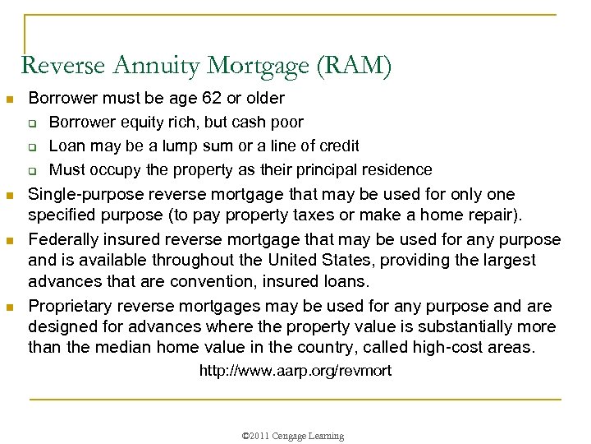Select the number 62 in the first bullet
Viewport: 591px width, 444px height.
point(211,99)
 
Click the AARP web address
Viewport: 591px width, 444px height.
point(295,371)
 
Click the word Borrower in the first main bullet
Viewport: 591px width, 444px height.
point(61,99)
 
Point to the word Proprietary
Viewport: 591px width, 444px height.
point(70,306)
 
